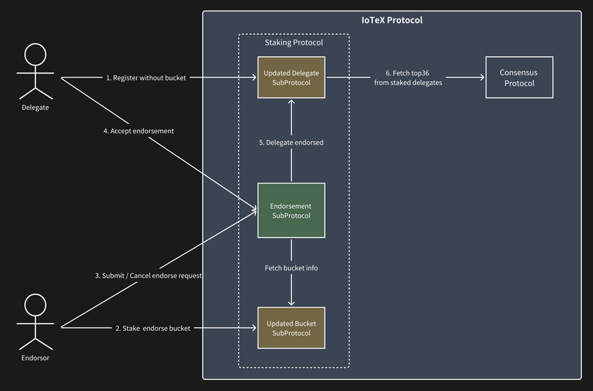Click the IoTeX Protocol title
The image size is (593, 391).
pos(391,20)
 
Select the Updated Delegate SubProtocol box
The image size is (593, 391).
pos(291,78)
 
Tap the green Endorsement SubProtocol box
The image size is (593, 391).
pos(291,210)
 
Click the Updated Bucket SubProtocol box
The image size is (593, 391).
pos(291,328)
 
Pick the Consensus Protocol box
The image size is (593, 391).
pos(519,78)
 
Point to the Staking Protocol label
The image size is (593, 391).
pos(294,42)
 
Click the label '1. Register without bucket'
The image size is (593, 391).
pos(146,78)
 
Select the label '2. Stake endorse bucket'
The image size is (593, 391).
pos(153,328)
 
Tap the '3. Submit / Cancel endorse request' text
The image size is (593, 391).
pos(148,276)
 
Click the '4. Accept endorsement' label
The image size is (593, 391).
pos(138,131)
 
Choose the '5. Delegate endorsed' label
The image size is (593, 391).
pos(291,142)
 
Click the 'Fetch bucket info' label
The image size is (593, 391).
pos(291,268)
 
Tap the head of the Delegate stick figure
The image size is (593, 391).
pos(35,54)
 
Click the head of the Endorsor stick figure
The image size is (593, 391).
pos(35,304)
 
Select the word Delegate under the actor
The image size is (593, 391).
pos(35,107)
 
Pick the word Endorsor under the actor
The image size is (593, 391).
pos(35,358)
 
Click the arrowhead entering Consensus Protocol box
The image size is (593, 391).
pos(482,78)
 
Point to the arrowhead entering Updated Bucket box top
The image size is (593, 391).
pos(291,303)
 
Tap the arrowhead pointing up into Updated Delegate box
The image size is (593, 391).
pos(291,102)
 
